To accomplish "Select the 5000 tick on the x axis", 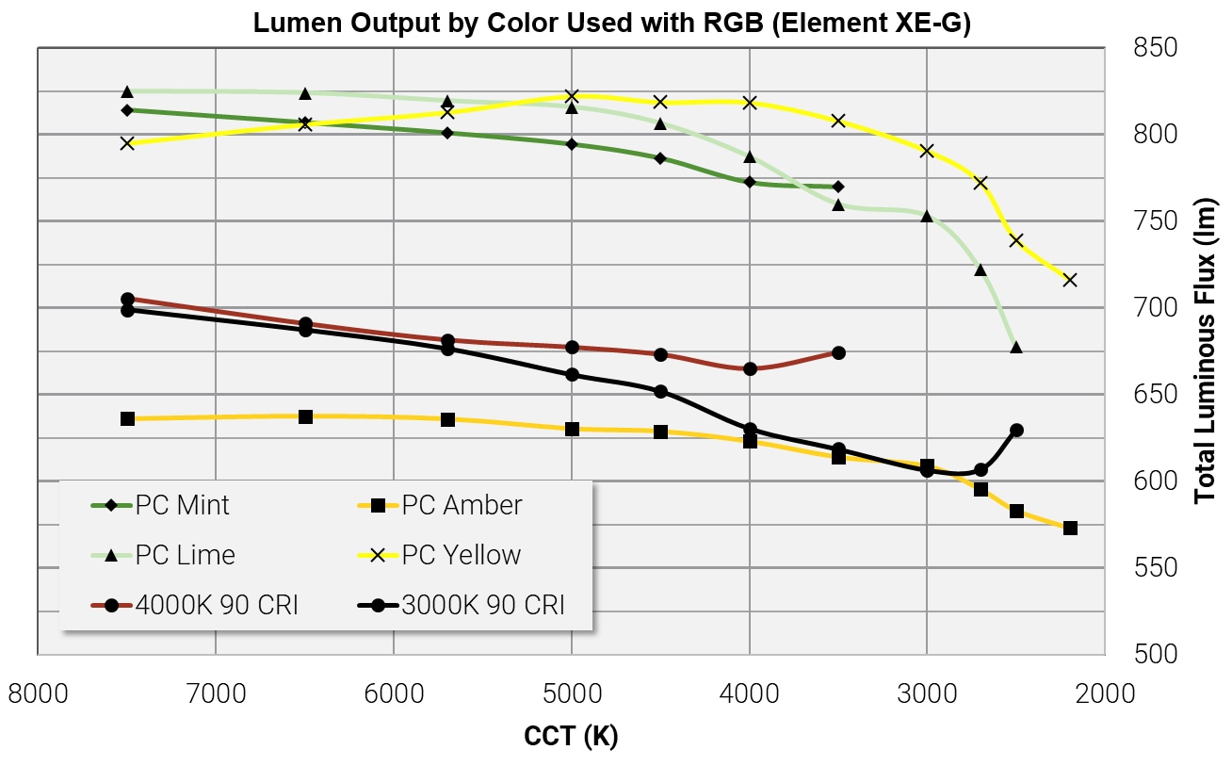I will [571, 693].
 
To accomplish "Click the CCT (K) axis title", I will [571, 736].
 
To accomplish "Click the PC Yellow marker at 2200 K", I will [1069, 280].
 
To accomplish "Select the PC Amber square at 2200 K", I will [1070, 529].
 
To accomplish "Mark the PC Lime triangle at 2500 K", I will [1016, 347].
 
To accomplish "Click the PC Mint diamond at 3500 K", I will [838, 187].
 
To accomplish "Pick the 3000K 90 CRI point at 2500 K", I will [1016, 431].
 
